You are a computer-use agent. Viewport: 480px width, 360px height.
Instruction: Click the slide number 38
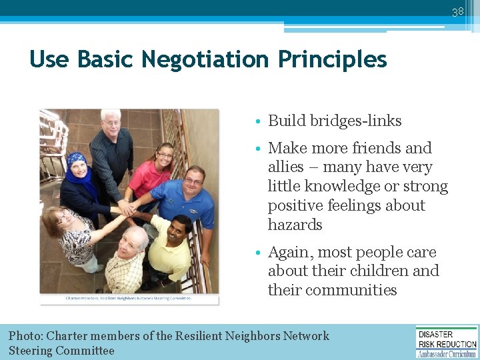pos(457,11)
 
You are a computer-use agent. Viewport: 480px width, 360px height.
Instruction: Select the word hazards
pos(295,225)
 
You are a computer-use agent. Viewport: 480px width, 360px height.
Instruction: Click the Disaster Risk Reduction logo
pos(447,341)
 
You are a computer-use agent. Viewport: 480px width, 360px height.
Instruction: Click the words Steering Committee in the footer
pos(61,351)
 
